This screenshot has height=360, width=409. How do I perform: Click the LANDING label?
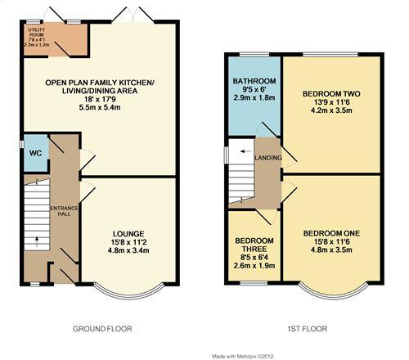click(268, 157)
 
